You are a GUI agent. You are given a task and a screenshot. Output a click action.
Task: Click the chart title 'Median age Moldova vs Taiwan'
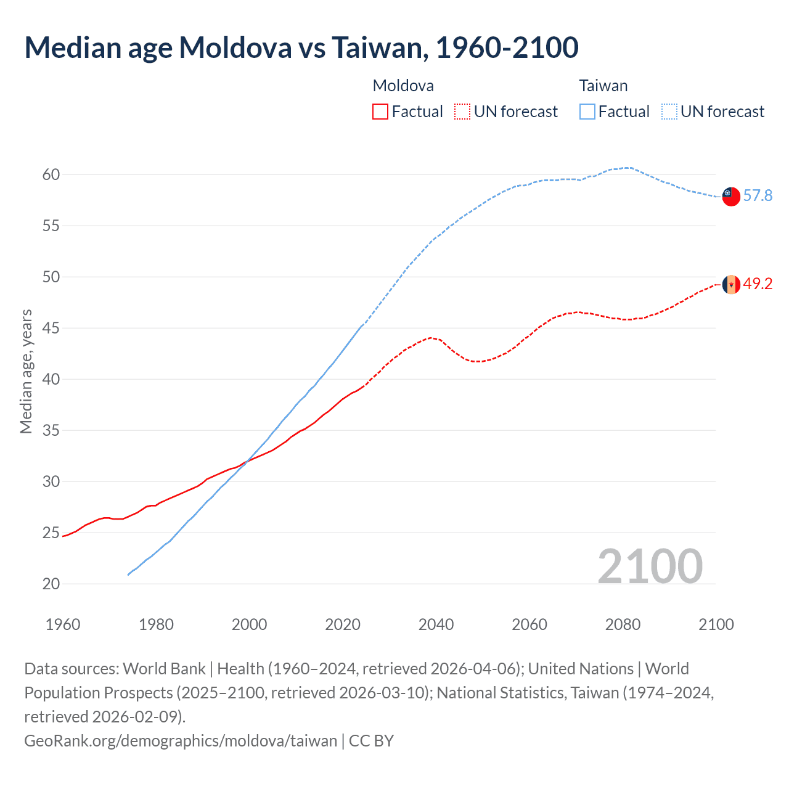pos(301,47)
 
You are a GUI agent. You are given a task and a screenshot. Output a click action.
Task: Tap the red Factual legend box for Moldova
pos(380,112)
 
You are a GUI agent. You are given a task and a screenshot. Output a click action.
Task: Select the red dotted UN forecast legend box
pos(462,112)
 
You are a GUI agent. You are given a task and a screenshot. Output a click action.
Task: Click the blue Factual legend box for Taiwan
pos(587,112)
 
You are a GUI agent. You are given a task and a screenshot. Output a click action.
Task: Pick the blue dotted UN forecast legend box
pos(669,112)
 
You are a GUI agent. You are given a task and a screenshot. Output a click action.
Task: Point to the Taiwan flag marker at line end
pos(730,196)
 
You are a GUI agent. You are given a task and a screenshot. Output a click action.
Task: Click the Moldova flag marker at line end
pos(730,284)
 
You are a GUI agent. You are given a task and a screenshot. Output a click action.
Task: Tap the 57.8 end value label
pos(758,196)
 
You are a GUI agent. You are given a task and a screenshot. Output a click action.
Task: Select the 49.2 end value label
pos(758,284)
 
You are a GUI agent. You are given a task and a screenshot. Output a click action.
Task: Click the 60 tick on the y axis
pos(51,175)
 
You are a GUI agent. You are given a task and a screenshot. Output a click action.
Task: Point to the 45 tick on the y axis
pos(51,329)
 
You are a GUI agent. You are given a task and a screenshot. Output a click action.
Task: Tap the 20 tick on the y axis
pos(51,584)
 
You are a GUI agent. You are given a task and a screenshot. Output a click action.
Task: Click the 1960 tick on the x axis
pos(63,624)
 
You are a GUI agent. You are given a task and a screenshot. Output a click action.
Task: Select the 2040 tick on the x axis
pos(436,624)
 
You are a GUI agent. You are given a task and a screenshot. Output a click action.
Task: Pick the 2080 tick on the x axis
pos(623,624)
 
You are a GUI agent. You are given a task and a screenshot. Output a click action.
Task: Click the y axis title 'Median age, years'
pos(26,372)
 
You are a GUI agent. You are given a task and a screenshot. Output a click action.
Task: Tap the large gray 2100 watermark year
pos(650,566)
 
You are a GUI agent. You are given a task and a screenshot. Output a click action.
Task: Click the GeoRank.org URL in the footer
pos(181,740)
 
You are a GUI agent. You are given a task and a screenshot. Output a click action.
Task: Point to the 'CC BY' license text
pos(371,740)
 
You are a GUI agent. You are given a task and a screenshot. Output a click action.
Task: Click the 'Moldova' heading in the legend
pos(403,86)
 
